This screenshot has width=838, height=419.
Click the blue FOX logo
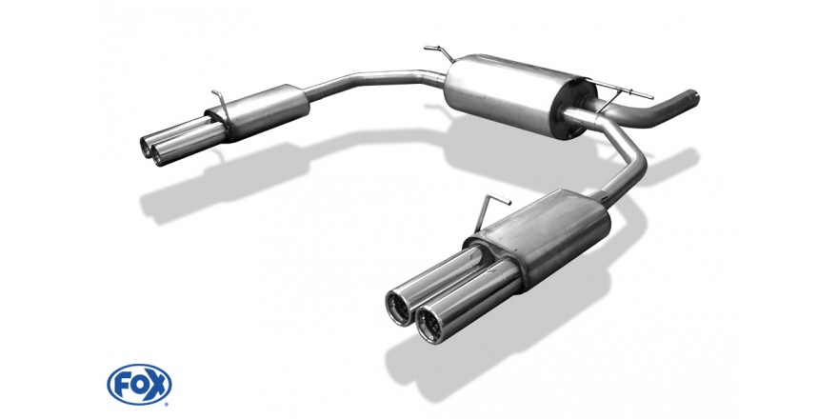tap(139, 385)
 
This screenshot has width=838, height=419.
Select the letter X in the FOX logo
tap(158, 384)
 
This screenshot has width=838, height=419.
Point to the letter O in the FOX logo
tap(139, 385)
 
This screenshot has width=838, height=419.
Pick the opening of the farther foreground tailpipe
tap(400, 308)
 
